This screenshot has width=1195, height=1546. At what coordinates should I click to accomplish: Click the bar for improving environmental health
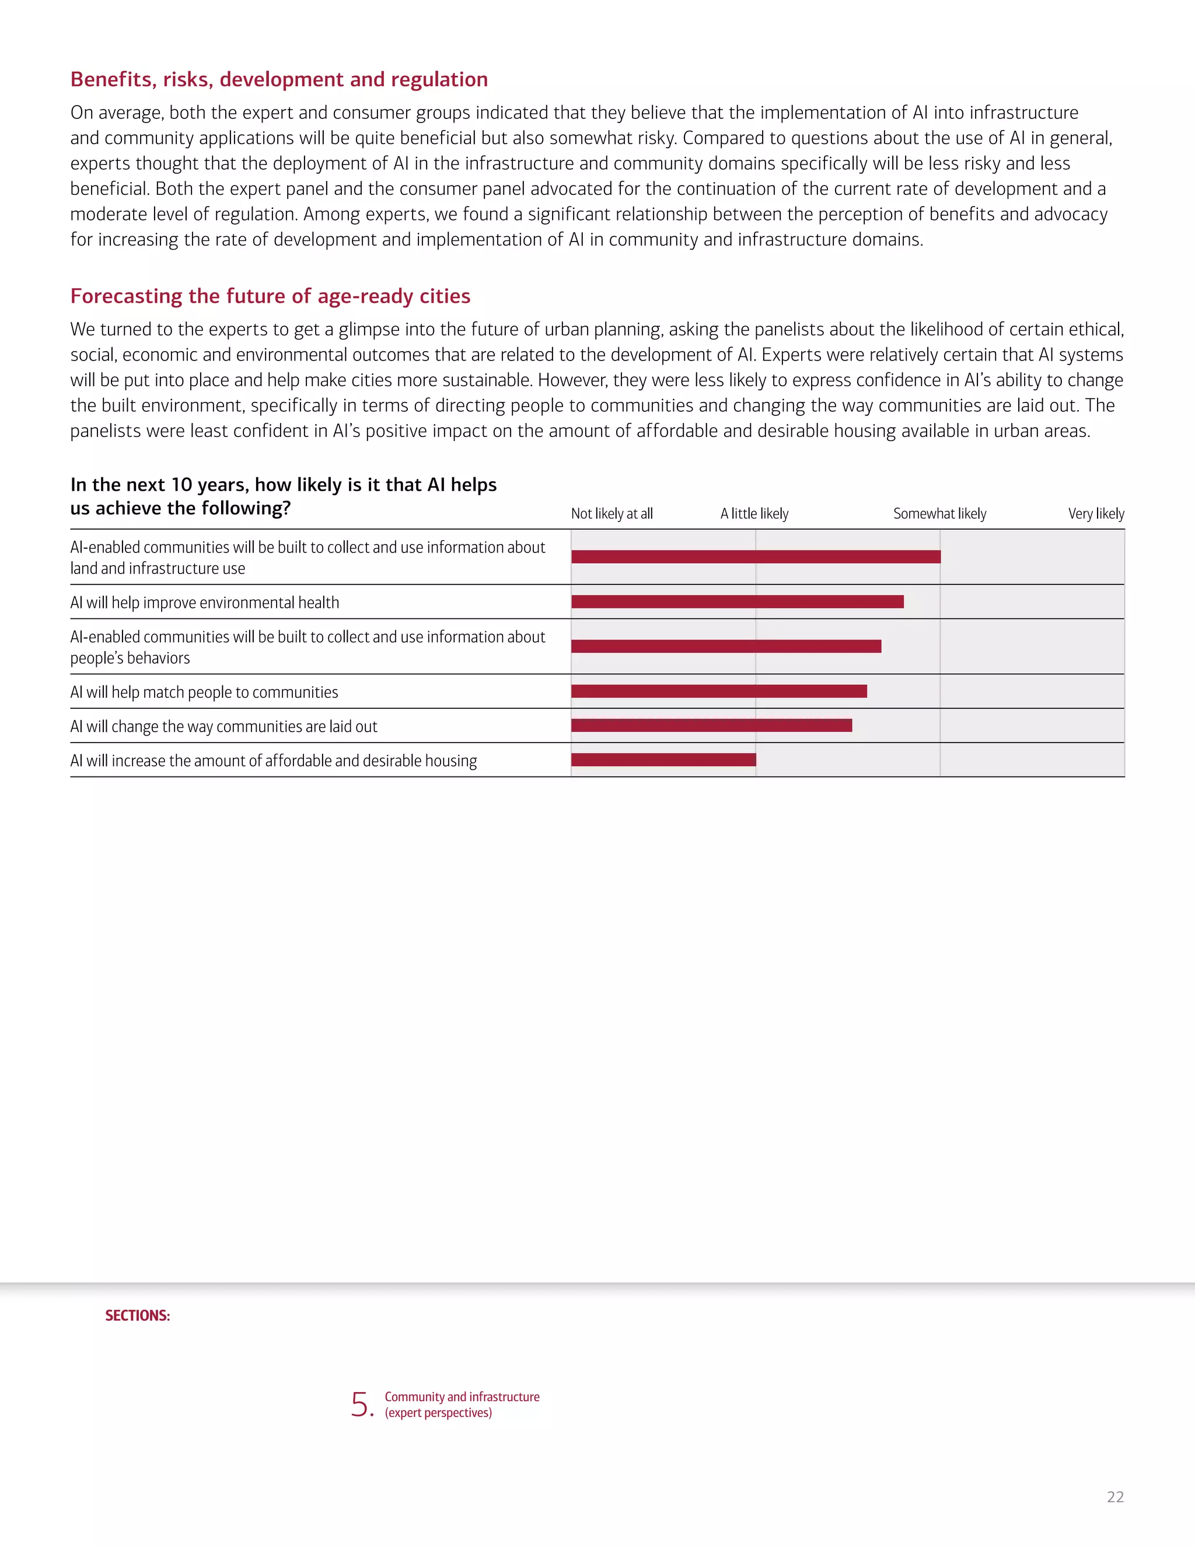[x=737, y=601]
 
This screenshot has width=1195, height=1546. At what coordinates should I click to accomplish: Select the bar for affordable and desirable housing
[x=663, y=760]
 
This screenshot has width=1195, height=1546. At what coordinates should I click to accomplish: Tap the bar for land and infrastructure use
[x=756, y=557]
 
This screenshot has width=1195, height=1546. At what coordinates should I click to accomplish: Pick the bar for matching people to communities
[x=718, y=691]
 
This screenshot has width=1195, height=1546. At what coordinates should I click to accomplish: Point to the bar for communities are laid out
[x=711, y=726]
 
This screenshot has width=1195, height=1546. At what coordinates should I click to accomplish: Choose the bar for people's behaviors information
[x=726, y=646]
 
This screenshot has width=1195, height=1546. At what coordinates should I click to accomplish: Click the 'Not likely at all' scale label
[x=612, y=514]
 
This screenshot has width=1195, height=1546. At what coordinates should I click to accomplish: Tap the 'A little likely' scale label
[x=754, y=514]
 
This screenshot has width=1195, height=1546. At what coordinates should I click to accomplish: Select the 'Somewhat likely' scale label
[x=939, y=514]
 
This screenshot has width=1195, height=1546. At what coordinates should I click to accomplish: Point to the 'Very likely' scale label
[x=1096, y=514]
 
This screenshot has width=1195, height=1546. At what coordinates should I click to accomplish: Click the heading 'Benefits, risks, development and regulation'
[x=279, y=79]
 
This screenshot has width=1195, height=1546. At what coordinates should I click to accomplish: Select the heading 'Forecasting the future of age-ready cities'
[x=270, y=296]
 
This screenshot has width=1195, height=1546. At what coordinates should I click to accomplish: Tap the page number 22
[x=1115, y=1497]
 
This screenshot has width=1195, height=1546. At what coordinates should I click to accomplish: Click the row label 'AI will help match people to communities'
[x=204, y=692]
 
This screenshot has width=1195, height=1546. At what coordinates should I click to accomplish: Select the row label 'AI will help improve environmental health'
[x=205, y=603]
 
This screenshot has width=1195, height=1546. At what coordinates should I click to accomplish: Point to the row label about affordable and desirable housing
[x=273, y=761]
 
